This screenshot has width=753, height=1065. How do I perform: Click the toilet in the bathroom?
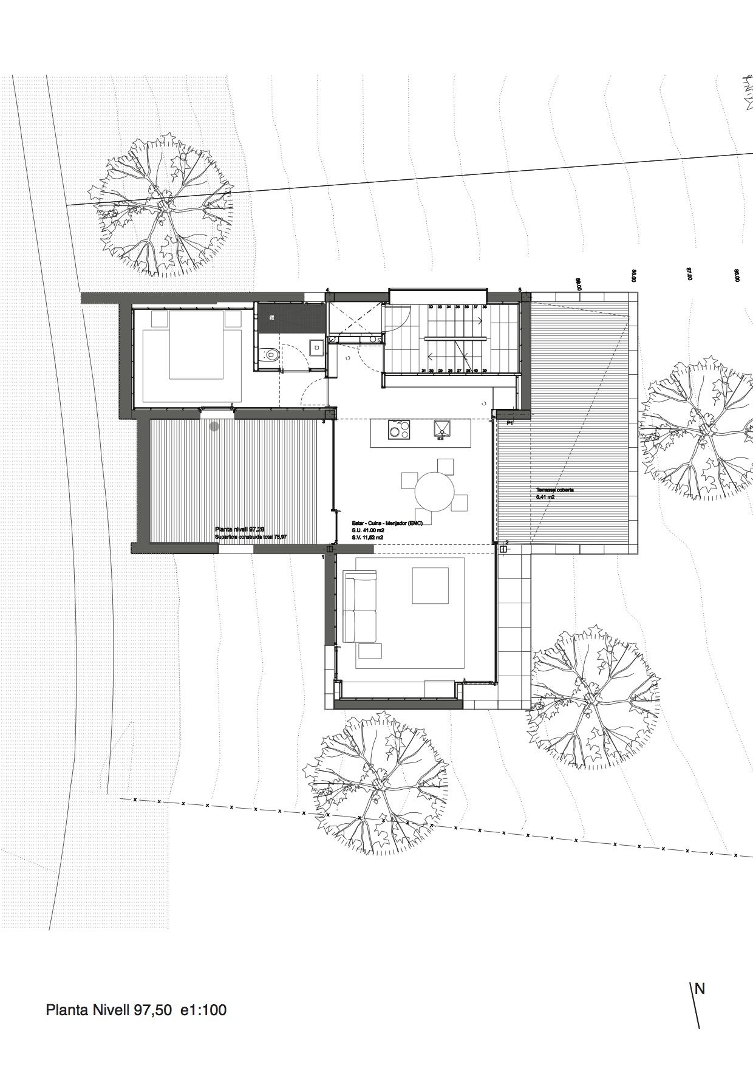(x=271, y=355)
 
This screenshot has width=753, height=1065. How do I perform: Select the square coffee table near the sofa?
(x=429, y=585)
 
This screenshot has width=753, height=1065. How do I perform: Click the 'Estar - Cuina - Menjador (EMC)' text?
(x=387, y=522)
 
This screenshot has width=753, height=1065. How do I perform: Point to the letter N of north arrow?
(x=700, y=988)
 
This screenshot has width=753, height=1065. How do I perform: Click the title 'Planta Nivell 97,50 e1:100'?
(x=136, y=1010)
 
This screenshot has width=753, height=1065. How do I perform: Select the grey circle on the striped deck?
(x=214, y=426)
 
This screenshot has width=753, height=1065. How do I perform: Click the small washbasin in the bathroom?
(x=316, y=347)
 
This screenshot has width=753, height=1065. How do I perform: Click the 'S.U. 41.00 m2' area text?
(x=368, y=530)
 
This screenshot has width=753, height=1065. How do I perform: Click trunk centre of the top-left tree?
(x=164, y=207)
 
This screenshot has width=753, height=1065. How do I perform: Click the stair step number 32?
(x=431, y=307)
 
